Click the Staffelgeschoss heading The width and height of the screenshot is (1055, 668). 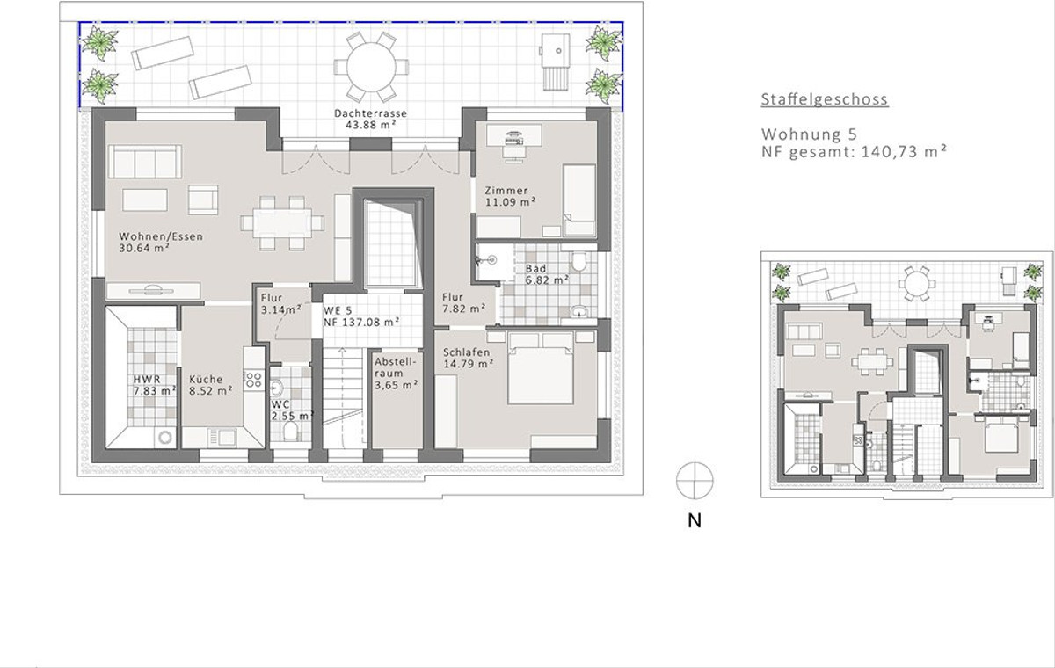coord(825,99)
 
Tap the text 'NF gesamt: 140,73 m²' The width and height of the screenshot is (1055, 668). coord(855,151)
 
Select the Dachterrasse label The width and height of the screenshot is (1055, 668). coord(371,113)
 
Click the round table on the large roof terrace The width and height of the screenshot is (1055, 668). coord(371,67)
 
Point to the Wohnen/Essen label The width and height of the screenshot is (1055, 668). coord(161,236)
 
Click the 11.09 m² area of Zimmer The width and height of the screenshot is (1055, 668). coord(511,202)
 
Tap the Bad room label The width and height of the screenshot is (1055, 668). coord(536,268)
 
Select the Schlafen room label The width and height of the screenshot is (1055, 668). coord(466,352)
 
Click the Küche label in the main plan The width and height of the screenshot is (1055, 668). coord(206,379)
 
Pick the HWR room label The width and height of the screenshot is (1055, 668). coord(147,379)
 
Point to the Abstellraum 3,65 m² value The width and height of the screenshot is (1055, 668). coord(397,385)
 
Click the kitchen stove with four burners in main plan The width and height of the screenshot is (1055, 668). coord(253,380)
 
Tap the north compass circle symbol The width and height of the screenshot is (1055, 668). coord(695,481)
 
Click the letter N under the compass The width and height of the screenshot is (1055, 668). coord(695,520)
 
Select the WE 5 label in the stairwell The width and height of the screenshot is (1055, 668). coord(338,310)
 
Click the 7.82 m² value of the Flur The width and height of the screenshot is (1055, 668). coord(464,309)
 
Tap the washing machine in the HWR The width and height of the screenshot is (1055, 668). coord(165,438)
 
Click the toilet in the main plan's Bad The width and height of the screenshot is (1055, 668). coord(578,261)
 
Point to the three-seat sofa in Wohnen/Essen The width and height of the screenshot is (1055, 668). coord(144,162)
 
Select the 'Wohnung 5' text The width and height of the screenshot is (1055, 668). coord(809,134)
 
